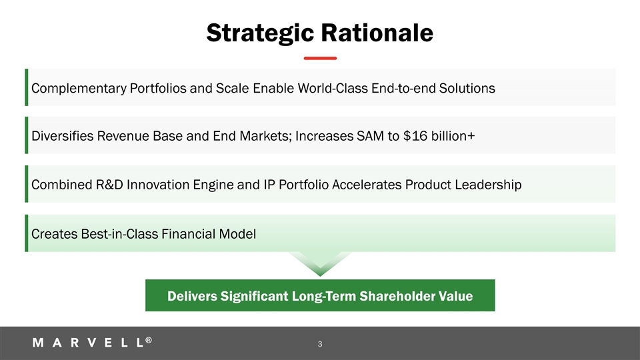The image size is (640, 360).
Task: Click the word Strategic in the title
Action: click(260, 33)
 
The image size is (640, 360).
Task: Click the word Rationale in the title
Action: click(377, 33)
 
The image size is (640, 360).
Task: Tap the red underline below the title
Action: click(320, 59)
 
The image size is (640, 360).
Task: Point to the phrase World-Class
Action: click(333, 88)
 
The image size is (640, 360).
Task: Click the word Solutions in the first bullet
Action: click(467, 88)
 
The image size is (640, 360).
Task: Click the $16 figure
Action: click(415, 135)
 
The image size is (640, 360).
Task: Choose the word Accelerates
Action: click(367, 185)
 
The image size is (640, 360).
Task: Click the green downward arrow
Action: click(320, 263)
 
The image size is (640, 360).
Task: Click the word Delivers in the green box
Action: click(192, 296)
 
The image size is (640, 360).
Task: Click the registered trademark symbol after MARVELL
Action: click(149, 340)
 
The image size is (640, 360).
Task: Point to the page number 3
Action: click(320, 344)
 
